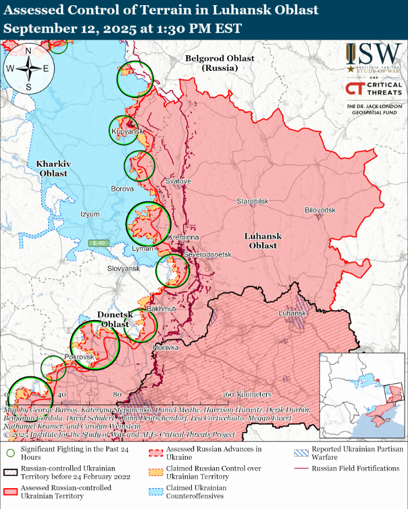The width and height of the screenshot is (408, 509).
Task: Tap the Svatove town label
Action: pyautogui.click(x=178, y=181)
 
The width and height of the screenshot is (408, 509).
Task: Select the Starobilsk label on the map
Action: pyautogui.click(x=252, y=201)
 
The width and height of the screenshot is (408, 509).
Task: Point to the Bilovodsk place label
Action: pyautogui.click(x=320, y=210)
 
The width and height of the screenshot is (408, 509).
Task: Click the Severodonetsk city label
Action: pyautogui.click(x=207, y=255)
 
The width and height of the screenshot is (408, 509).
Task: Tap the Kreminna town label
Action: pyautogui.click(x=183, y=238)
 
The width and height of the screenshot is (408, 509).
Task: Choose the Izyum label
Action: pyautogui.click(x=90, y=214)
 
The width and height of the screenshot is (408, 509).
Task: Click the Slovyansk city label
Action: pyautogui.click(x=123, y=268)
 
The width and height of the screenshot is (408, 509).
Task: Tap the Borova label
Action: pyautogui.click(x=122, y=189)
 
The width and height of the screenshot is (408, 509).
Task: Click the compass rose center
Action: pyautogui.click(x=28, y=68)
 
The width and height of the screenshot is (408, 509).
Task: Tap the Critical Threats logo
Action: pyautogui.click(x=374, y=89)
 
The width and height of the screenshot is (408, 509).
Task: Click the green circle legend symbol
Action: pyautogui.click(x=10, y=450)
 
